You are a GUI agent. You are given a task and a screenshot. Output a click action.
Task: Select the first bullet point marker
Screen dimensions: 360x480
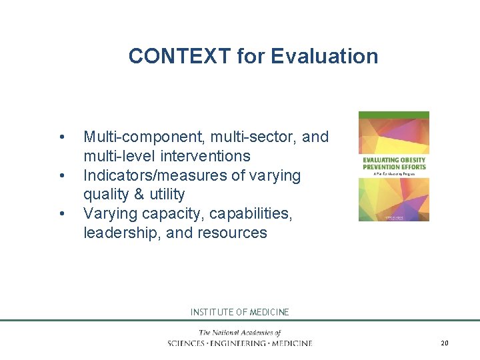61,137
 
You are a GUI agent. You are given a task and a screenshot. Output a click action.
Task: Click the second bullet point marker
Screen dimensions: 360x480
61,176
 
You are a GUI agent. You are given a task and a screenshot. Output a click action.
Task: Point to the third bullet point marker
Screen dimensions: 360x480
61,214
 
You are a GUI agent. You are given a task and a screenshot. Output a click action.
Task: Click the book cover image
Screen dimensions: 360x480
393,166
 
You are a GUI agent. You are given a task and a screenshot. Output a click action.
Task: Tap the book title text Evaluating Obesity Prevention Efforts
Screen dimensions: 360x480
393,163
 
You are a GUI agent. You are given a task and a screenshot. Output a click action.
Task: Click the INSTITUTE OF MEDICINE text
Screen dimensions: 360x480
239,312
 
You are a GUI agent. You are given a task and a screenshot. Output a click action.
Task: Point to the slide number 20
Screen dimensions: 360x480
445,343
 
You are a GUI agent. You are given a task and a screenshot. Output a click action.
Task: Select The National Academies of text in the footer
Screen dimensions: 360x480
239,333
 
